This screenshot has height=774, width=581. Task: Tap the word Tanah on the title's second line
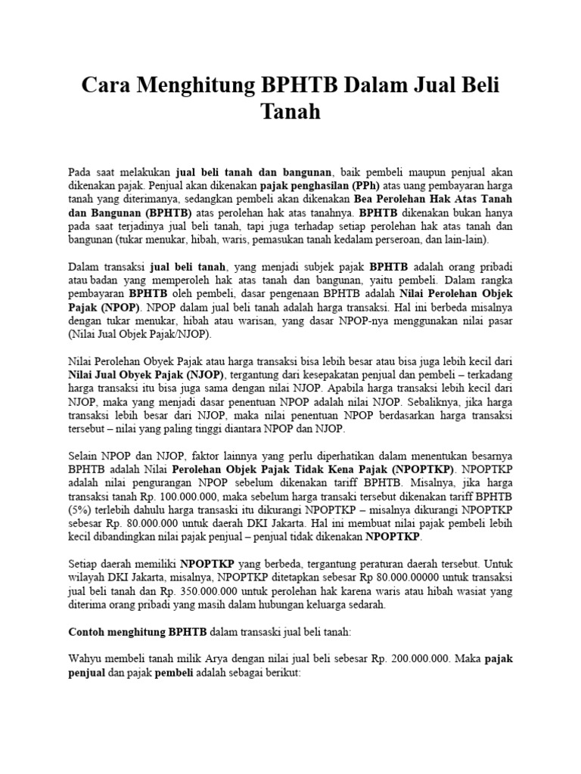(290, 112)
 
